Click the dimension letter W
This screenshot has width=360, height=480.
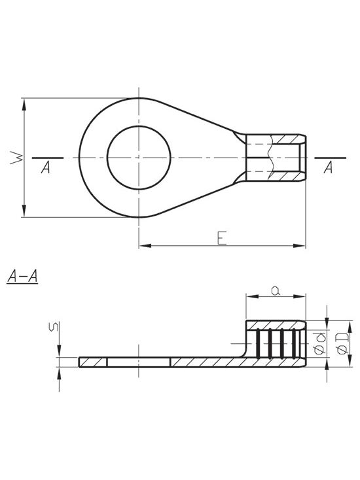pos(16,158)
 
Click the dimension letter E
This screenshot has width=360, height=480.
pos(221,238)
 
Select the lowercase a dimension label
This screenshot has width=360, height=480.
pos(276,290)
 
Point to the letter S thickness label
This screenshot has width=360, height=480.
pos(54,326)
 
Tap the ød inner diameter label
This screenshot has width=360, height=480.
pos(320,343)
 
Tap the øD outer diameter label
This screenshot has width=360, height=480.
pos(342,343)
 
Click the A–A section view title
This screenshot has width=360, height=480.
pos(22,277)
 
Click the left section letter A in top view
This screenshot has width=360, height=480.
pos(46,167)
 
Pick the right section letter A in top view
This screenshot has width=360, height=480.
pos(328,167)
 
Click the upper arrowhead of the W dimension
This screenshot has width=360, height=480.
pos(24,105)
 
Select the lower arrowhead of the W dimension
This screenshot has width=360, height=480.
pos(24,211)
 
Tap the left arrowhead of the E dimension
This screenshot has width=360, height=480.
pos(145,245)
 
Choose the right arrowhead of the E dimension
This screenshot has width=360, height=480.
pos(299,245)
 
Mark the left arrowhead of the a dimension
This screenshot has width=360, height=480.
pos(253,296)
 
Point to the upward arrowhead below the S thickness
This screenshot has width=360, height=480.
pos(59,373)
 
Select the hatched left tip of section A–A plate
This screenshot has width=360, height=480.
pos(93,362)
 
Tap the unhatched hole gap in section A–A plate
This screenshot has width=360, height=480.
pos(139,362)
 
